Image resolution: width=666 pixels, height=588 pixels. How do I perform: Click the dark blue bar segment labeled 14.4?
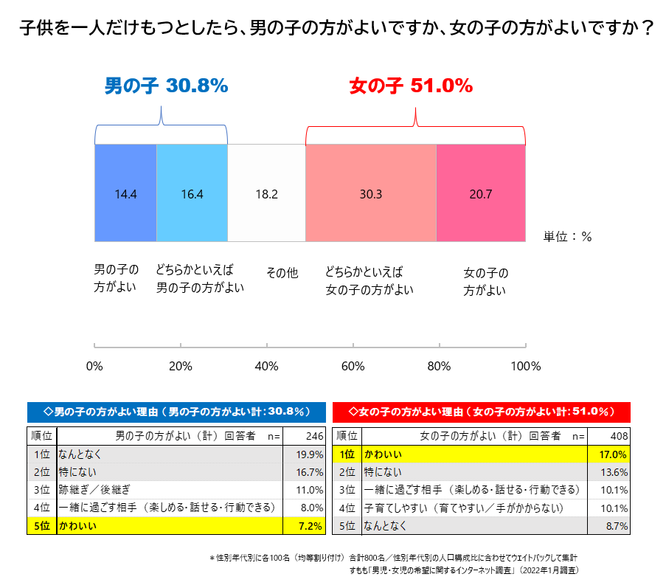point(125,193)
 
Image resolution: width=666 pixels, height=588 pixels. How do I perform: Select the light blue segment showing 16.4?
point(192,193)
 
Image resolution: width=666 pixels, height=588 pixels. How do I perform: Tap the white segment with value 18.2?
point(266,193)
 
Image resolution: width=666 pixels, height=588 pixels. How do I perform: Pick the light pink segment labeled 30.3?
point(371,193)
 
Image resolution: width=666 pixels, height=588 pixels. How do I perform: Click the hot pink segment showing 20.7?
point(480,193)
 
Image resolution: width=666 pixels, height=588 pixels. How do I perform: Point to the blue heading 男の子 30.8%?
point(166,86)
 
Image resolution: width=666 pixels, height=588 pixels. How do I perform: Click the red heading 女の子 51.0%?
point(410,86)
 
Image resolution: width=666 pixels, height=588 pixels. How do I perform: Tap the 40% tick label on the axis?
point(266,367)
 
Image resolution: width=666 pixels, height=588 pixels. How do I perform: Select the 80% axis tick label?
point(439,367)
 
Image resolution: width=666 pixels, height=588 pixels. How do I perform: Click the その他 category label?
point(282,274)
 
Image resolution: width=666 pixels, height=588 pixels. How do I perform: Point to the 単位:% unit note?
point(568,237)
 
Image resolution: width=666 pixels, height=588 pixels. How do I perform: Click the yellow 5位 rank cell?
point(41,526)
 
